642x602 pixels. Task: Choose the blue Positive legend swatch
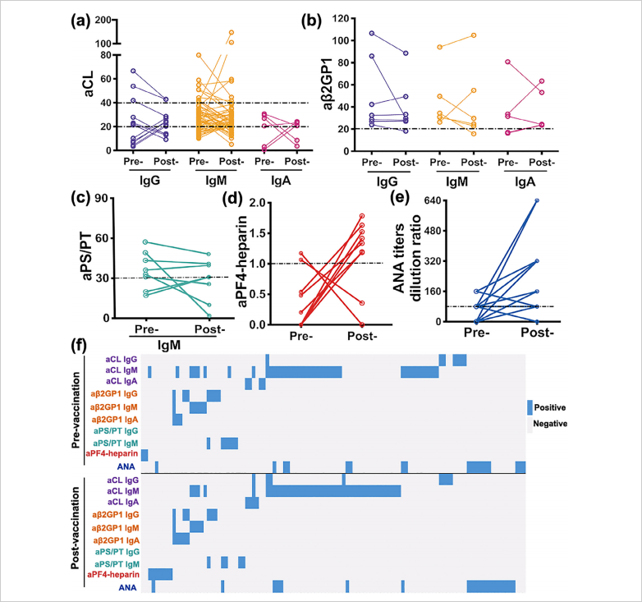pos(530,407)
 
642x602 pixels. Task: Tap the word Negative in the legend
pos(550,423)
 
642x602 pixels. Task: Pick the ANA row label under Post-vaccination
pos(128,588)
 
